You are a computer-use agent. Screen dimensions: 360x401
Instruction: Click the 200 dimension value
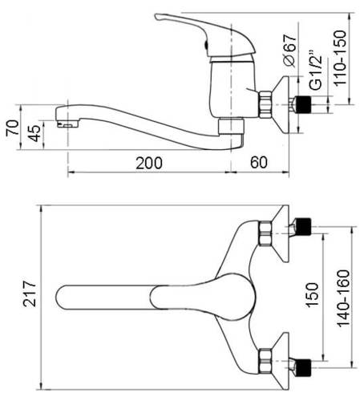pyautogui.click(x=149, y=163)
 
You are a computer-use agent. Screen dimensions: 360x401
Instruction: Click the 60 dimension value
pyautogui.click(x=259, y=162)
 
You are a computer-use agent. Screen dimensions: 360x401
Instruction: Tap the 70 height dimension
pyautogui.click(x=13, y=128)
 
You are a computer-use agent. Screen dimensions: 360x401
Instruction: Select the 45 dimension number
pyautogui.click(x=34, y=133)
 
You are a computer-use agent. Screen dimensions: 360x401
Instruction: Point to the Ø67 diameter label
pyautogui.click(x=289, y=51)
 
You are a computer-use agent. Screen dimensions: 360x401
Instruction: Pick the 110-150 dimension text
pyautogui.click(x=340, y=58)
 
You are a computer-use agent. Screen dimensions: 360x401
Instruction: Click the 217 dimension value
pyautogui.click(x=30, y=294)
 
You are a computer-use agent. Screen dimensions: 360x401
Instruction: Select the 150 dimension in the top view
pyautogui.click(x=312, y=294)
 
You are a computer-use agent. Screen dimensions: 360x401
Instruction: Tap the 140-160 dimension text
pyautogui.click(x=343, y=298)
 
